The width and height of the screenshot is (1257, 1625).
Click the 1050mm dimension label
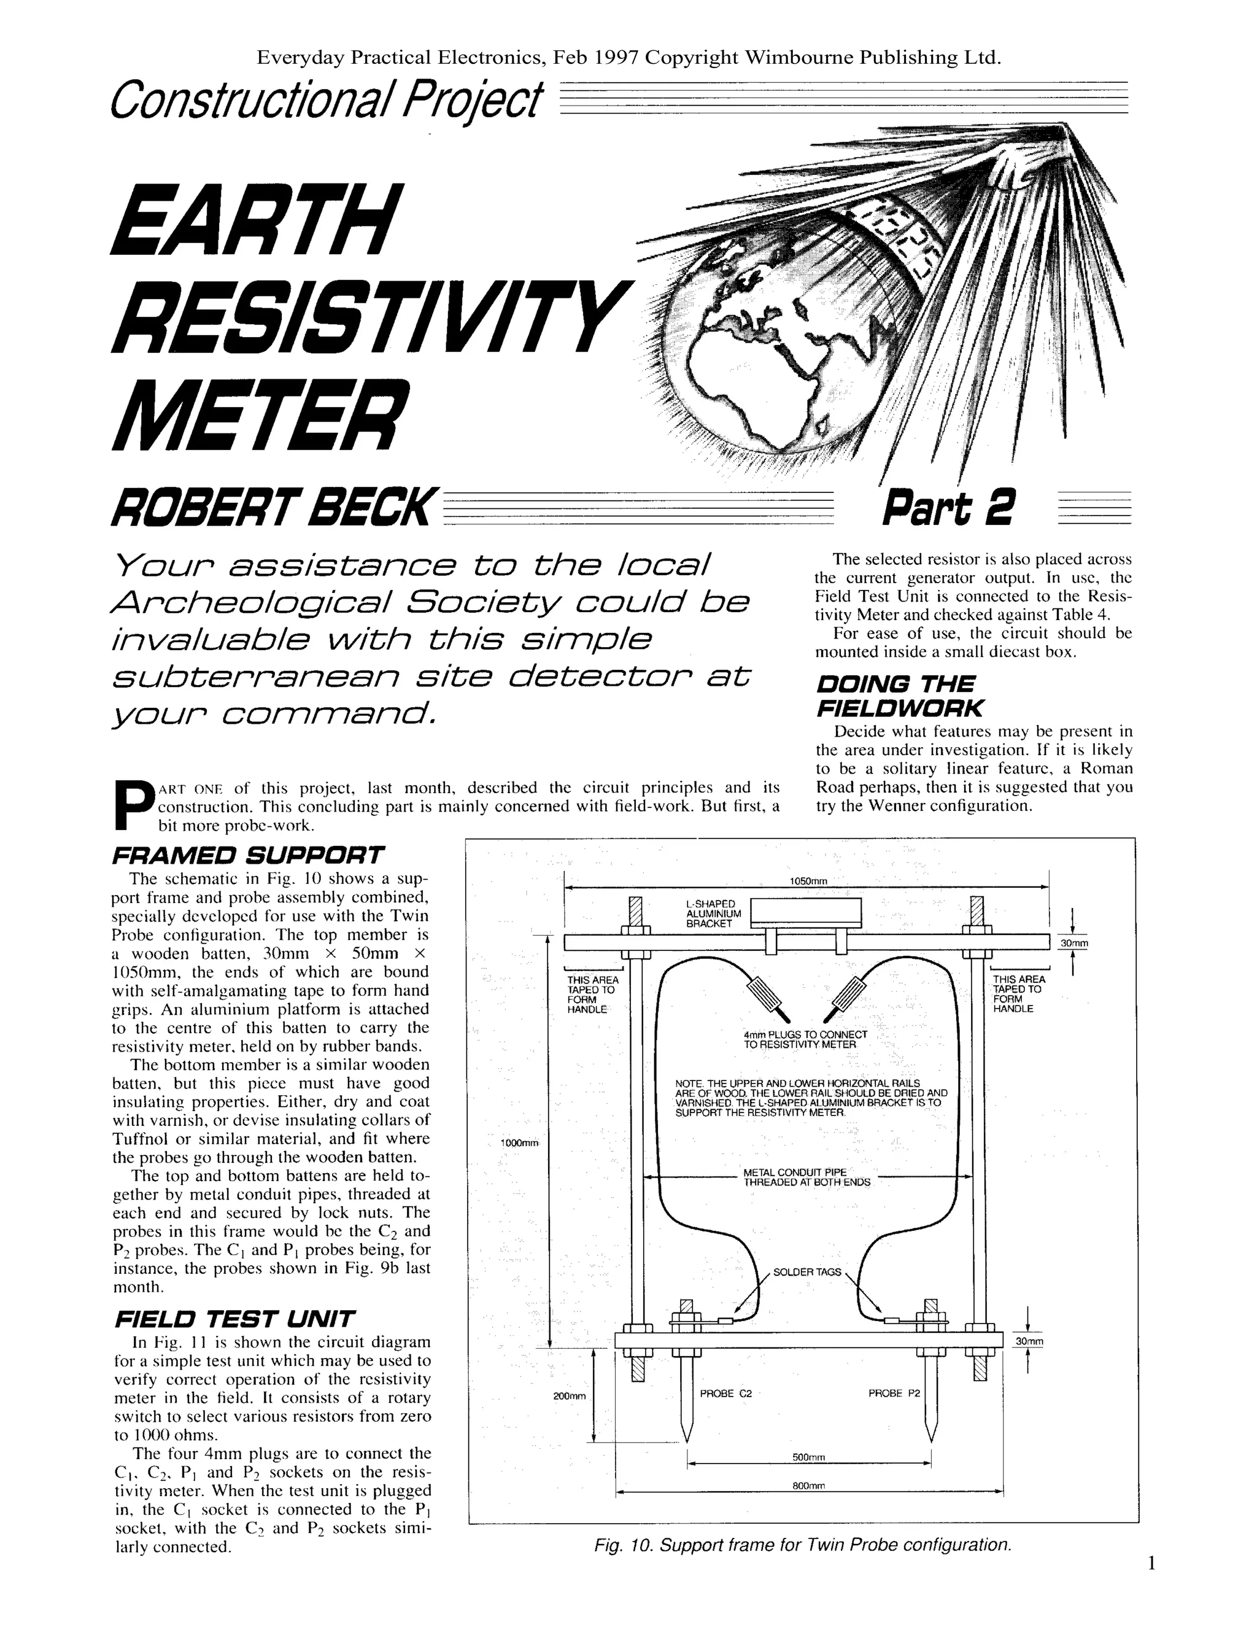point(808,881)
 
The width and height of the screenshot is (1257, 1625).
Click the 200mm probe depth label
point(570,1396)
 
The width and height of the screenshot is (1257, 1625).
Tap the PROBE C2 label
point(726,1393)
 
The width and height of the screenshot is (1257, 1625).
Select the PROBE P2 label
point(894,1393)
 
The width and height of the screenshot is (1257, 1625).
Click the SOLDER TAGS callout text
point(807,1271)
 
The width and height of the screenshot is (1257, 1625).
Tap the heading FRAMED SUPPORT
point(248,855)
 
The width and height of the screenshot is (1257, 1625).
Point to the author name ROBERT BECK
point(270,508)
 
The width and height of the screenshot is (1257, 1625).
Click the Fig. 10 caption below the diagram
point(803,1545)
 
